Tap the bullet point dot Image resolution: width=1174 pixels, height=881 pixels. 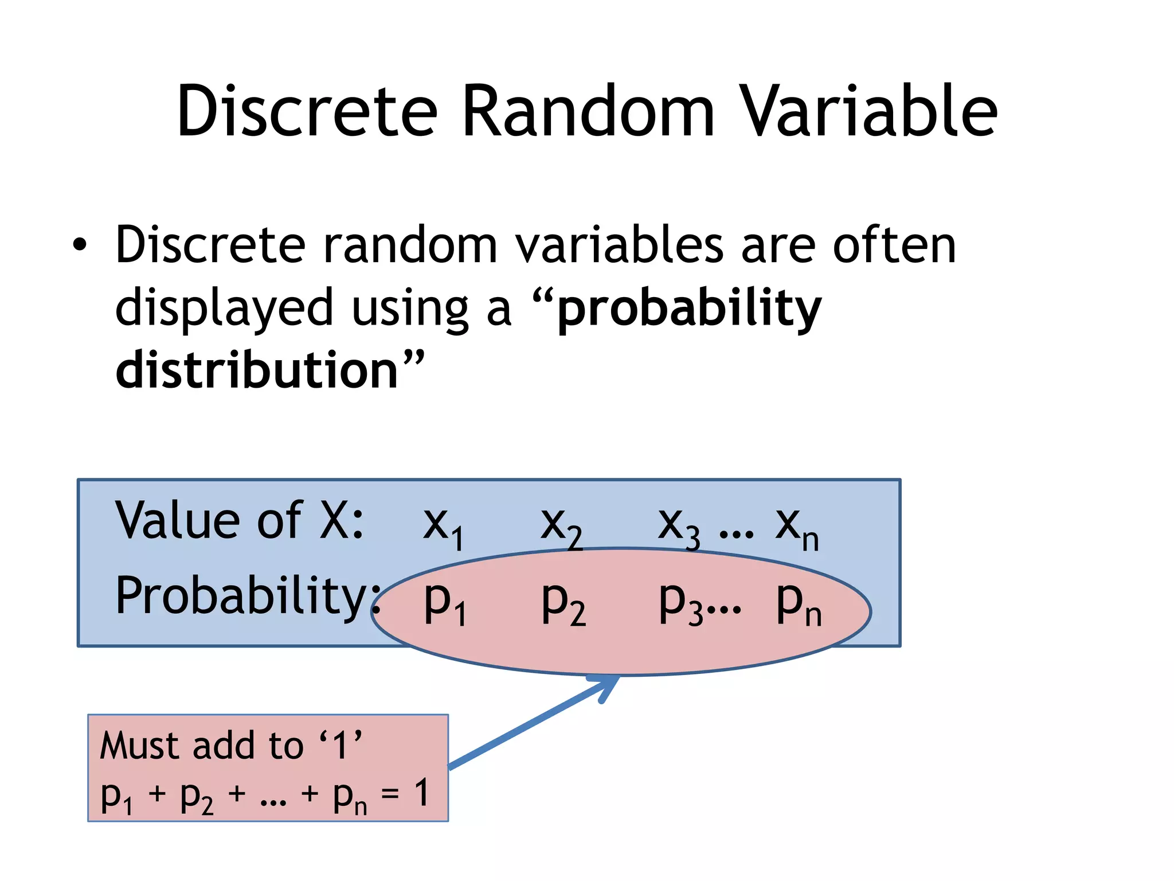pos(80,245)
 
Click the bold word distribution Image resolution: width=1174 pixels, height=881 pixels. pos(257,370)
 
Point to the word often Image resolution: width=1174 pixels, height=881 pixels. pos(894,245)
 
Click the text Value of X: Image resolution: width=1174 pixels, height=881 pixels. pos(240,521)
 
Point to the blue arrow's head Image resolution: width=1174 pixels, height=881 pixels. pos(611,683)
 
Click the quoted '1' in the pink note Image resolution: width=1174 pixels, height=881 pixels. pos(341,745)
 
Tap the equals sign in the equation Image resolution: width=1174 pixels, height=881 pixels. pos(390,794)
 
